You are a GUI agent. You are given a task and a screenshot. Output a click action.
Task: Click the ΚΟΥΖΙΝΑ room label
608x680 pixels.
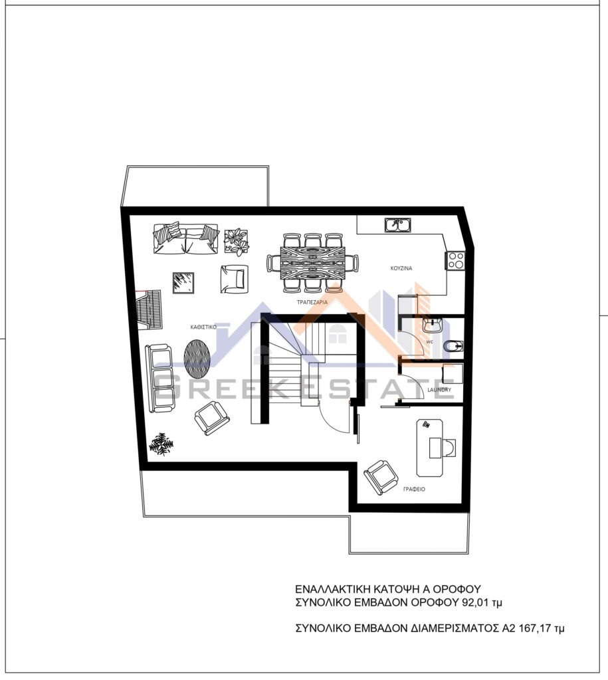[x=401, y=268]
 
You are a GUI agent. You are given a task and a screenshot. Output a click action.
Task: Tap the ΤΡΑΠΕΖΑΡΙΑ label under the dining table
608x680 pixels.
[x=312, y=302]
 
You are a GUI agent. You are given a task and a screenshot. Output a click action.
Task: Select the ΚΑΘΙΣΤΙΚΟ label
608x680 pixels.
[x=203, y=327]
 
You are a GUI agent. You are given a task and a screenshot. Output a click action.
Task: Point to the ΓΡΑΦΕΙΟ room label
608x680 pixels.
[x=414, y=489]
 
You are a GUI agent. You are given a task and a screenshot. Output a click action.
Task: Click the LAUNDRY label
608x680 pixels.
[x=439, y=390]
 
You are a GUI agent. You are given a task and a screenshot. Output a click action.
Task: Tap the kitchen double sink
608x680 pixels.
[x=397, y=225]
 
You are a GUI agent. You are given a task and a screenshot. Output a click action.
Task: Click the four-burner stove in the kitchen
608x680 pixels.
[x=455, y=260]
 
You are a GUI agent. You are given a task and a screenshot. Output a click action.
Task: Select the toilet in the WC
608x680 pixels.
[x=453, y=346]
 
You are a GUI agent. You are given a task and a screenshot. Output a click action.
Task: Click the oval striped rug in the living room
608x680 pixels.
[x=197, y=358]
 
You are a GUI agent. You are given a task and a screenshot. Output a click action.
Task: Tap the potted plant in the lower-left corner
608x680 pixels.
[x=161, y=444]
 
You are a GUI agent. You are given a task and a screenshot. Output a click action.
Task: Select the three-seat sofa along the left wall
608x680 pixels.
[x=160, y=378]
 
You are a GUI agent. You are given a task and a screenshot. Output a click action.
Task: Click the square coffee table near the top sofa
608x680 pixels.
[x=183, y=283]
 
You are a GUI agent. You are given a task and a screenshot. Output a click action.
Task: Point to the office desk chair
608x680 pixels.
[x=449, y=448]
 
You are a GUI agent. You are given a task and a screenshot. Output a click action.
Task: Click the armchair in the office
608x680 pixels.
[x=381, y=477]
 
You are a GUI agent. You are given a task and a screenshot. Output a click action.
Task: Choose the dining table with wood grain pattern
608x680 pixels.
[x=312, y=263]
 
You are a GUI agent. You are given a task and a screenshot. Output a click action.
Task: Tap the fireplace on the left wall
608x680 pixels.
[x=149, y=309]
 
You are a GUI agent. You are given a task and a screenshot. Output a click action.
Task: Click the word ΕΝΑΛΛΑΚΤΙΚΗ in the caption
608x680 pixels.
[x=332, y=589]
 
